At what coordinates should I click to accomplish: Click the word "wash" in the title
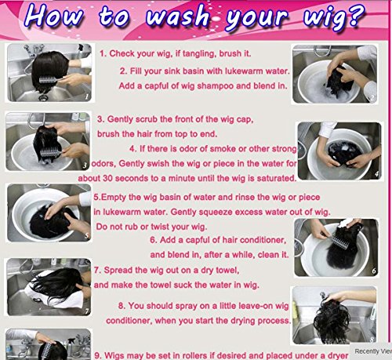pyautogui.click(x=177, y=16)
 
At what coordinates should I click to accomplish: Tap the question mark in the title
pyautogui.click(x=355, y=15)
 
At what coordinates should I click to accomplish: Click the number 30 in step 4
pyautogui.click(x=107, y=178)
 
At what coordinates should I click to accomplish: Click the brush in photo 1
pyautogui.click(x=50, y=79)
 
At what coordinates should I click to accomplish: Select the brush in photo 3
pyautogui.click(x=51, y=152)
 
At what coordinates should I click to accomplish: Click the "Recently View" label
pyautogui.click(x=373, y=351)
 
